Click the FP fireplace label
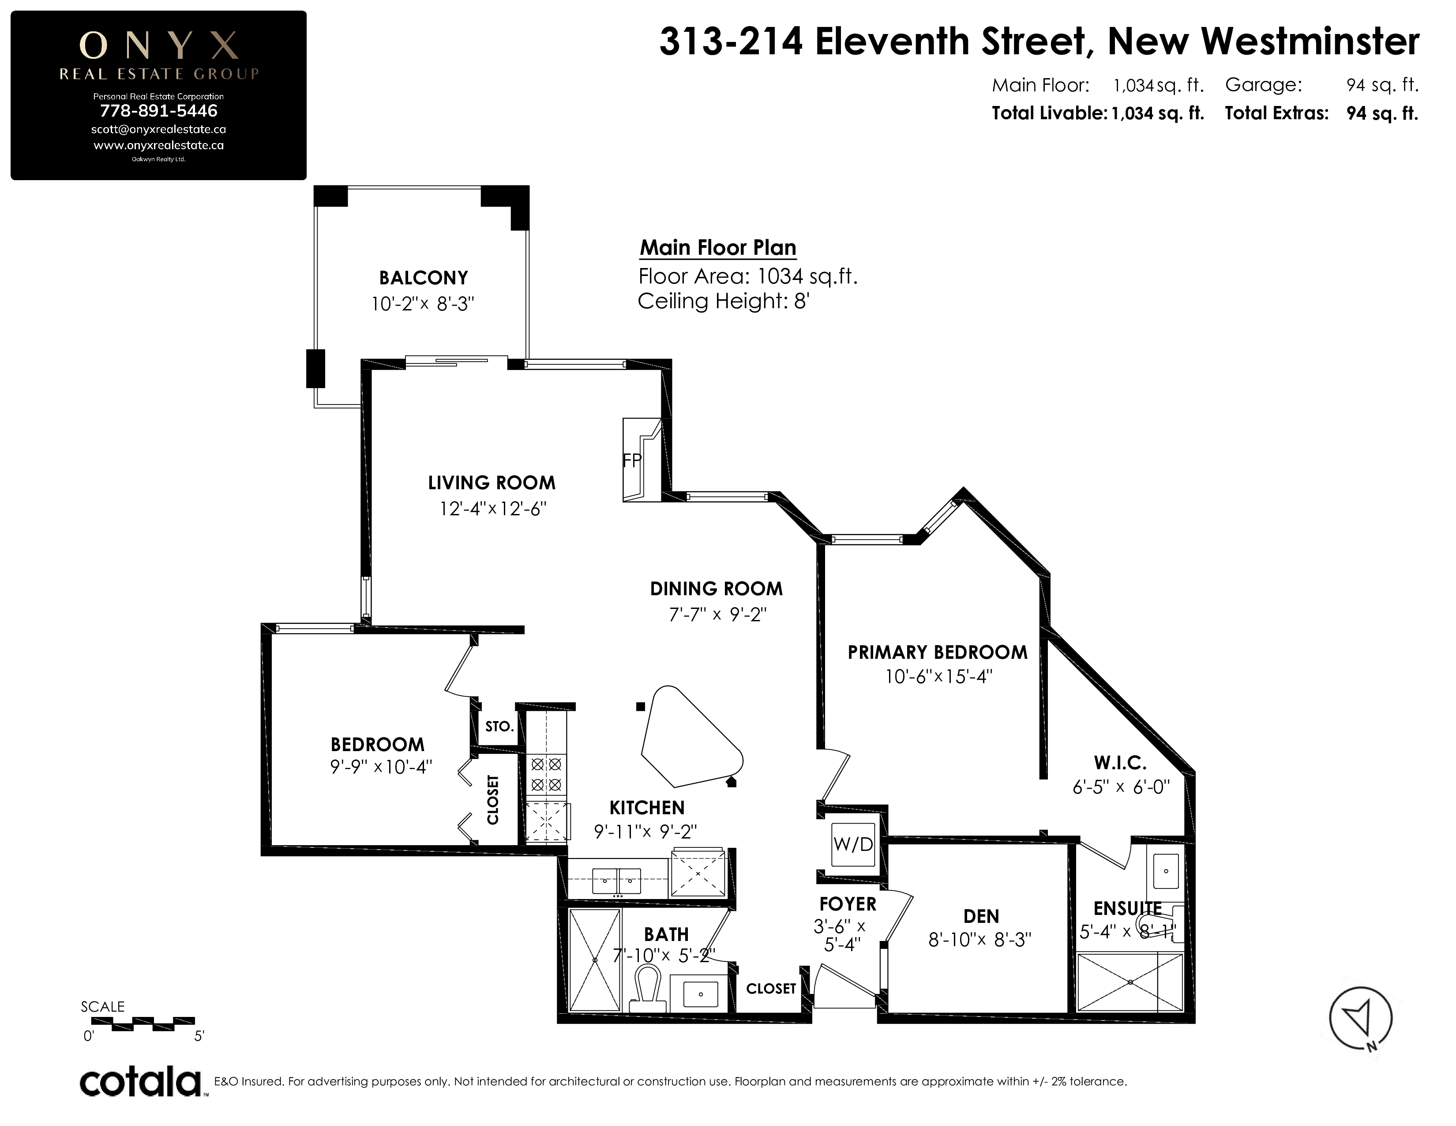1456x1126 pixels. coord(631,460)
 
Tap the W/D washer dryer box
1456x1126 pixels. coord(853,844)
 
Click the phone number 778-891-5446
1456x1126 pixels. coord(159,111)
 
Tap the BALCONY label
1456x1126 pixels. coord(423,277)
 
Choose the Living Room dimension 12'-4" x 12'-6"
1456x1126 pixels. coord(493,509)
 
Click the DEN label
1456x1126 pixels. coord(981,917)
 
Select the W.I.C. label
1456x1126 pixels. coord(1120,763)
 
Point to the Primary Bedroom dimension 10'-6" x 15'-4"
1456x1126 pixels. coord(938,677)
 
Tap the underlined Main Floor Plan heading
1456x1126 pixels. coord(718,247)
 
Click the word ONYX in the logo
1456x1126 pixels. coord(159,45)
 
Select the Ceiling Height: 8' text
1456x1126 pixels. coord(723,302)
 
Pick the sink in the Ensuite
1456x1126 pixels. coord(1166,871)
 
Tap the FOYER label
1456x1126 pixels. coord(847,904)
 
